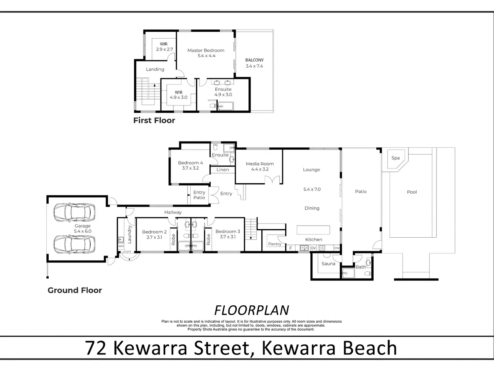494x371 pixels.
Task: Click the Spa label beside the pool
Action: click(396, 158)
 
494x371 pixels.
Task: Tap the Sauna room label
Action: click(328, 264)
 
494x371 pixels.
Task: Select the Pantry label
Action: click(275, 244)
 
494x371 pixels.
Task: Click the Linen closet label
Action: click(223, 170)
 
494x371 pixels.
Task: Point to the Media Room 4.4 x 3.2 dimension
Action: click(260, 169)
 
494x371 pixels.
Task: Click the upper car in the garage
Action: click(74, 212)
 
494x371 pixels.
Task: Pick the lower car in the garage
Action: click(74, 244)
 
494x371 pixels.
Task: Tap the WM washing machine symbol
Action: click(121, 246)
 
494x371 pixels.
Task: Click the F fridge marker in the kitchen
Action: click(291, 248)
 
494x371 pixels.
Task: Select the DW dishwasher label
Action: click(337, 248)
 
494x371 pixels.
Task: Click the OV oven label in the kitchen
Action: click(313, 248)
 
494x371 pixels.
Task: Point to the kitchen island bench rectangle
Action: click(313, 230)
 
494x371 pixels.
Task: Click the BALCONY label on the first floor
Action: click(254, 60)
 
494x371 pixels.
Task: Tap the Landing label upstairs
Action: click(155, 70)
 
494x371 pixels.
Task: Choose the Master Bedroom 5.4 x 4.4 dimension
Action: click(206, 56)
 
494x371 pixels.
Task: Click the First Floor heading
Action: click(154, 120)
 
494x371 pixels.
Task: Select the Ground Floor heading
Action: click(75, 290)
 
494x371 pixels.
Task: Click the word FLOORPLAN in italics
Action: click(252, 310)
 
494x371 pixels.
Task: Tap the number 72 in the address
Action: click(96, 348)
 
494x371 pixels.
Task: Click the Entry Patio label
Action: click(199, 195)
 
